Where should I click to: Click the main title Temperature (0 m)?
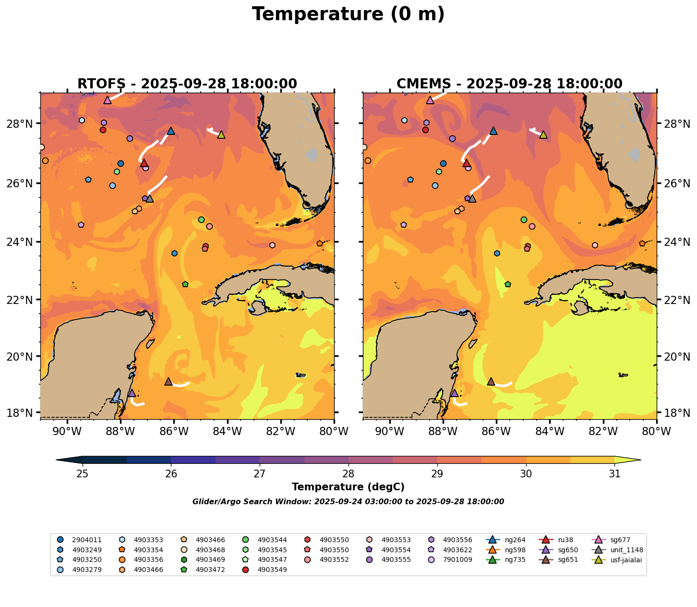coord(348,14)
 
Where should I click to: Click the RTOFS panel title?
coord(187,84)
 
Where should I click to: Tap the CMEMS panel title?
coord(509,84)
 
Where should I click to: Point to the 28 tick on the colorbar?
coord(348,474)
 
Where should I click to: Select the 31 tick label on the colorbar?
coord(614,474)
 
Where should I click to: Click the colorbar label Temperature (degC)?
coord(348,487)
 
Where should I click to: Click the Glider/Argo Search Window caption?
coord(348,502)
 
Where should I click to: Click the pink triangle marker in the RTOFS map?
coord(108,100)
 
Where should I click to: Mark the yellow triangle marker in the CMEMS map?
coord(543,135)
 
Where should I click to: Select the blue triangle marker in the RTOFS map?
coord(171,131)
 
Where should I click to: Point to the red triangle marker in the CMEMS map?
coord(467,163)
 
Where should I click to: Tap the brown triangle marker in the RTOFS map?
coord(168,382)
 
